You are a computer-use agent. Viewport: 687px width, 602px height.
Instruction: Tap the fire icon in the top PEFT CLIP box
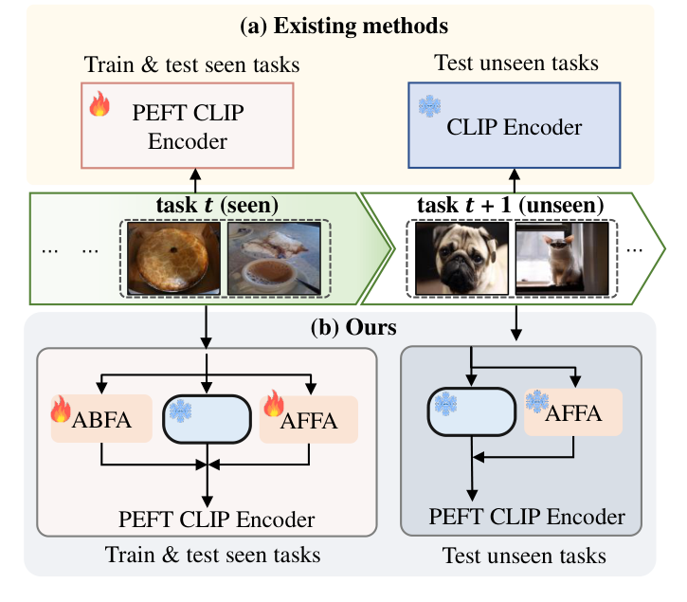99,104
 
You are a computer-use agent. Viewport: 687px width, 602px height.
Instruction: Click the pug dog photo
459,258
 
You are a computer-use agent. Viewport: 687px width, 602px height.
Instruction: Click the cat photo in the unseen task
558,258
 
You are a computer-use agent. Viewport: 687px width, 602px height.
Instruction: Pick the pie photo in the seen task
173,259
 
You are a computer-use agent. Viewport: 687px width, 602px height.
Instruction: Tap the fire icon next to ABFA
62,410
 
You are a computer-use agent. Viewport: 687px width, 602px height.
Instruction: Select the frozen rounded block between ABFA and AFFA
206,417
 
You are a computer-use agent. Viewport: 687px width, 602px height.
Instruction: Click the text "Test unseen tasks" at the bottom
524,555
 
